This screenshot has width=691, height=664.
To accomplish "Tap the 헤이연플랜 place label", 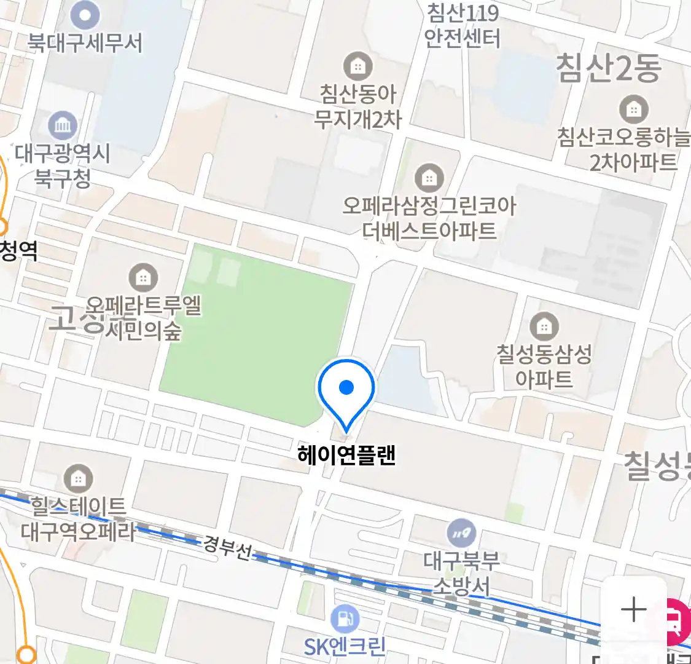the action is (x=346, y=456).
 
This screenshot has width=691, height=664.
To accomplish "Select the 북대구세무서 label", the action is (x=85, y=43).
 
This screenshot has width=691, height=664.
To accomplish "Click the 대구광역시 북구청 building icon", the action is (x=63, y=127).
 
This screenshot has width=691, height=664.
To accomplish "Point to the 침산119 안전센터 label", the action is (x=463, y=26).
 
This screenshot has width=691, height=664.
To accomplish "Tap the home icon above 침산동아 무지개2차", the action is (x=357, y=66).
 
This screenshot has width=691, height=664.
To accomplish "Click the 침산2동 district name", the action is (x=608, y=68).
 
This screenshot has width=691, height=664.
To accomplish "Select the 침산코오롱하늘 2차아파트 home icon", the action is (x=634, y=110).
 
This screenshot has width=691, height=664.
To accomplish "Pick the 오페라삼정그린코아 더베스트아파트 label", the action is (x=429, y=218).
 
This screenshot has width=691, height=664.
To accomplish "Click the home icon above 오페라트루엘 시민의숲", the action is (x=143, y=278).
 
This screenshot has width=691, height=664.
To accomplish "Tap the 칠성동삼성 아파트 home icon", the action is (x=544, y=326).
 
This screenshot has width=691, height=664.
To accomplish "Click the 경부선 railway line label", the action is (x=227, y=547).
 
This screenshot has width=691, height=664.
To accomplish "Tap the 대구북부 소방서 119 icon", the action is (x=461, y=532).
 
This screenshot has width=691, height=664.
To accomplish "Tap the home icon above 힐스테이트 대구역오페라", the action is (x=78, y=478).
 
